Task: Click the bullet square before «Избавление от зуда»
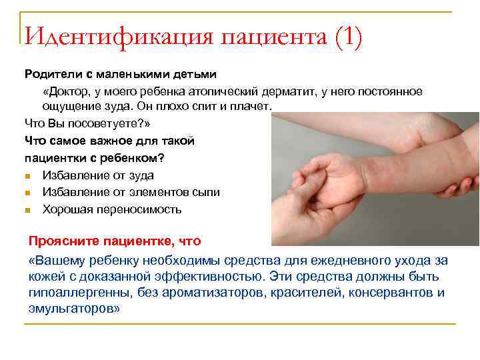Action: tap(27, 176)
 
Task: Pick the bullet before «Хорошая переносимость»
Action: tap(27, 210)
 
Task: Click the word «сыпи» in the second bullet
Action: tap(207, 193)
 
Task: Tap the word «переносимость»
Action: tap(139, 210)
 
